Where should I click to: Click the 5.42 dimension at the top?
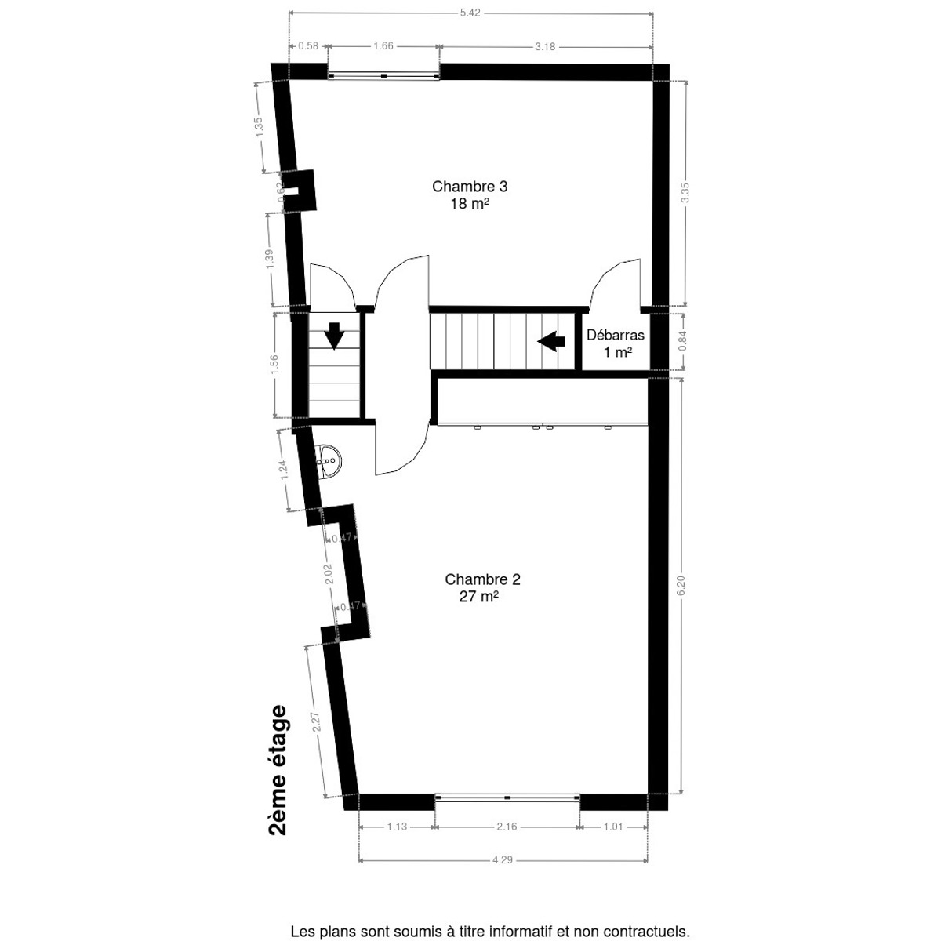point(470,12)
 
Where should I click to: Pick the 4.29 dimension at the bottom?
point(503,860)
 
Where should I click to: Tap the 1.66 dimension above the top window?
point(383,46)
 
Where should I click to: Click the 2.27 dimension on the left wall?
point(317,721)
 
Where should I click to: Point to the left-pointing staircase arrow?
point(552,341)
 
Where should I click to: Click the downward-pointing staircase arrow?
point(335,335)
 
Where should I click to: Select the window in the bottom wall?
point(507,797)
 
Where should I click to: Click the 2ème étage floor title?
point(278,772)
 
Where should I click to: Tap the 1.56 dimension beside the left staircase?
point(274,365)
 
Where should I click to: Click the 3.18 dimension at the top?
point(545,46)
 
